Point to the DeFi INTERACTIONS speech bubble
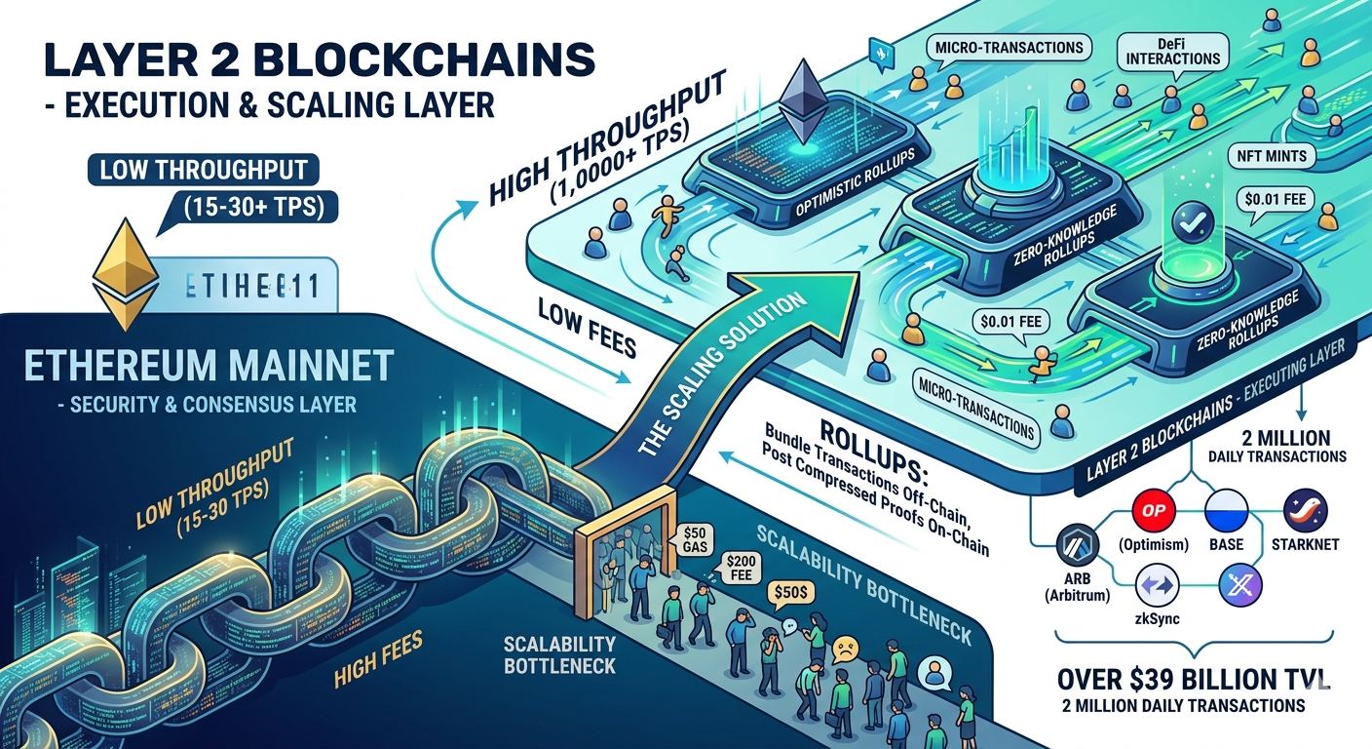(x=1173, y=51)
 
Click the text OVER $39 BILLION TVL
(x=1181, y=679)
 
